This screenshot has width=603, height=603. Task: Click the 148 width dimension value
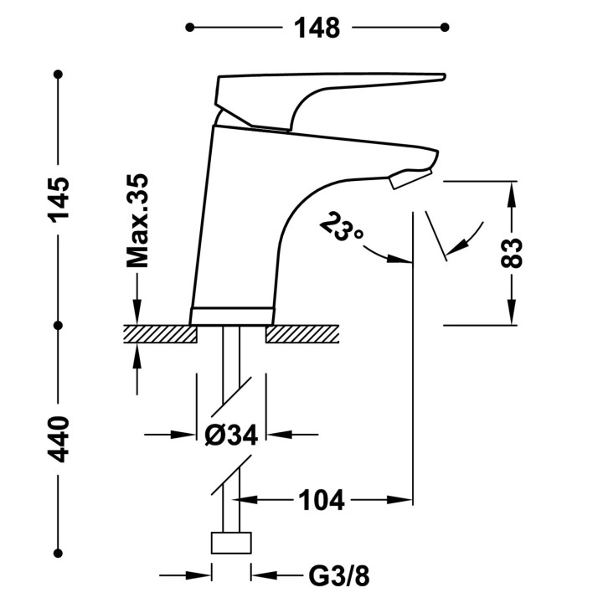click(x=316, y=28)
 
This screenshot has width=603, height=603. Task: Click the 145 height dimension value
click(x=59, y=198)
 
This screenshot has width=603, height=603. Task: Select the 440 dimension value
click(x=59, y=439)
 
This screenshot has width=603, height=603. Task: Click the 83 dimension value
click(x=513, y=252)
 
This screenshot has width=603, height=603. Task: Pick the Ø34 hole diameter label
click(x=232, y=435)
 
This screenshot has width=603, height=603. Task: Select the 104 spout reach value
click(x=321, y=501)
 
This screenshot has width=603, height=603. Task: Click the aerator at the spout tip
click(x=408, y=177)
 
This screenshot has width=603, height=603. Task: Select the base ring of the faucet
click(x=232, y=317)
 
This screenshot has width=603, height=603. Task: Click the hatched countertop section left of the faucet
click(x=159, y=334)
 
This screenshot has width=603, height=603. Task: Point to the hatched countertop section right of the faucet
click(x=303, y=334)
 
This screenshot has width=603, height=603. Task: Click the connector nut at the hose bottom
click(x=232, y=542)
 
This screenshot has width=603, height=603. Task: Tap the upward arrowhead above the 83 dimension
click(x=513, y=190)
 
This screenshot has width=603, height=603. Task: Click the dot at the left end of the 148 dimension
click(x=190, y=28)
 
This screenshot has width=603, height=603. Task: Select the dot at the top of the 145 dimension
click(x=59, y=76)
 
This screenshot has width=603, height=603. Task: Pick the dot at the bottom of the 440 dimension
click(x=59, y=552)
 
